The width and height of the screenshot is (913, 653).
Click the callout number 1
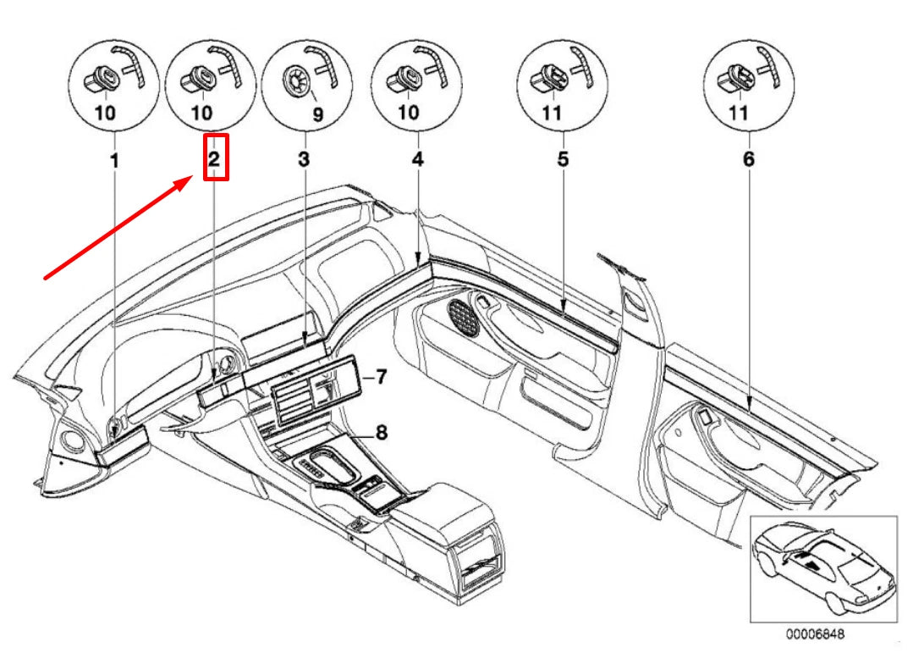(116, 158)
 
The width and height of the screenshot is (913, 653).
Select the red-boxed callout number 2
(215, 158)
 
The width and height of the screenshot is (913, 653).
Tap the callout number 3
(304, 158)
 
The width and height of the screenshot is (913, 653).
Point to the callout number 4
(418, 158)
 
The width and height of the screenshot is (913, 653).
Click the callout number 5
(563, 158)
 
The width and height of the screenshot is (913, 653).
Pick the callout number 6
(748, 158)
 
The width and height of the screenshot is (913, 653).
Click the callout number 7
(382, 376)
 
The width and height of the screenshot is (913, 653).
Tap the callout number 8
(382, 433)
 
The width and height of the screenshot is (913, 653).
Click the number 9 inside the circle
(318, 113)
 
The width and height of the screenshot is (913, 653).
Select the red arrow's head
(195, 180)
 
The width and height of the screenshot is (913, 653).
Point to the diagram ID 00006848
(817, 633)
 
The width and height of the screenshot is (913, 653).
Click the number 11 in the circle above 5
(551, 113)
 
